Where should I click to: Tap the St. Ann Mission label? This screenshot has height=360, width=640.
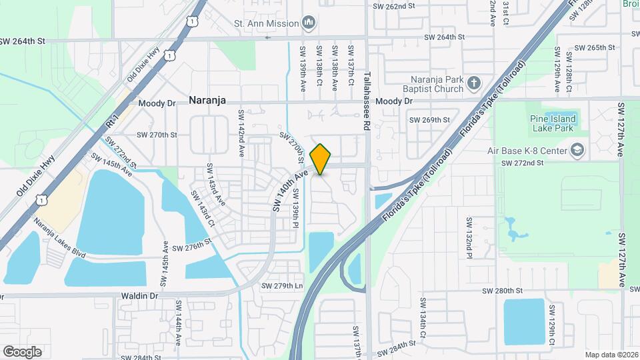click(265, 23)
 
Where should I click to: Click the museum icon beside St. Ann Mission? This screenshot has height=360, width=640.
click(308, 24)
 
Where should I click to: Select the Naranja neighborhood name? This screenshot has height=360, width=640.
click(207, 101)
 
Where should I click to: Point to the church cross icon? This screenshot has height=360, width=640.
click(474, 83)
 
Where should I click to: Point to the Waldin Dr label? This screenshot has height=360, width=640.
click(139, 295)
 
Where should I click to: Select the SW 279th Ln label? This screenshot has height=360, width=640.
click(282, 286)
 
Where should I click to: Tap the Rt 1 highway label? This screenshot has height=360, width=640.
click(113, 121)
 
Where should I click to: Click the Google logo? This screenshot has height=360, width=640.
click(22, 351)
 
